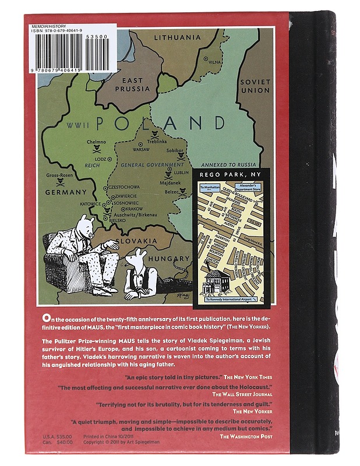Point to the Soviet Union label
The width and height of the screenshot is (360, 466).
click(255, 86)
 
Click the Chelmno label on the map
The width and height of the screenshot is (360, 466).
click(97, 142)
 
